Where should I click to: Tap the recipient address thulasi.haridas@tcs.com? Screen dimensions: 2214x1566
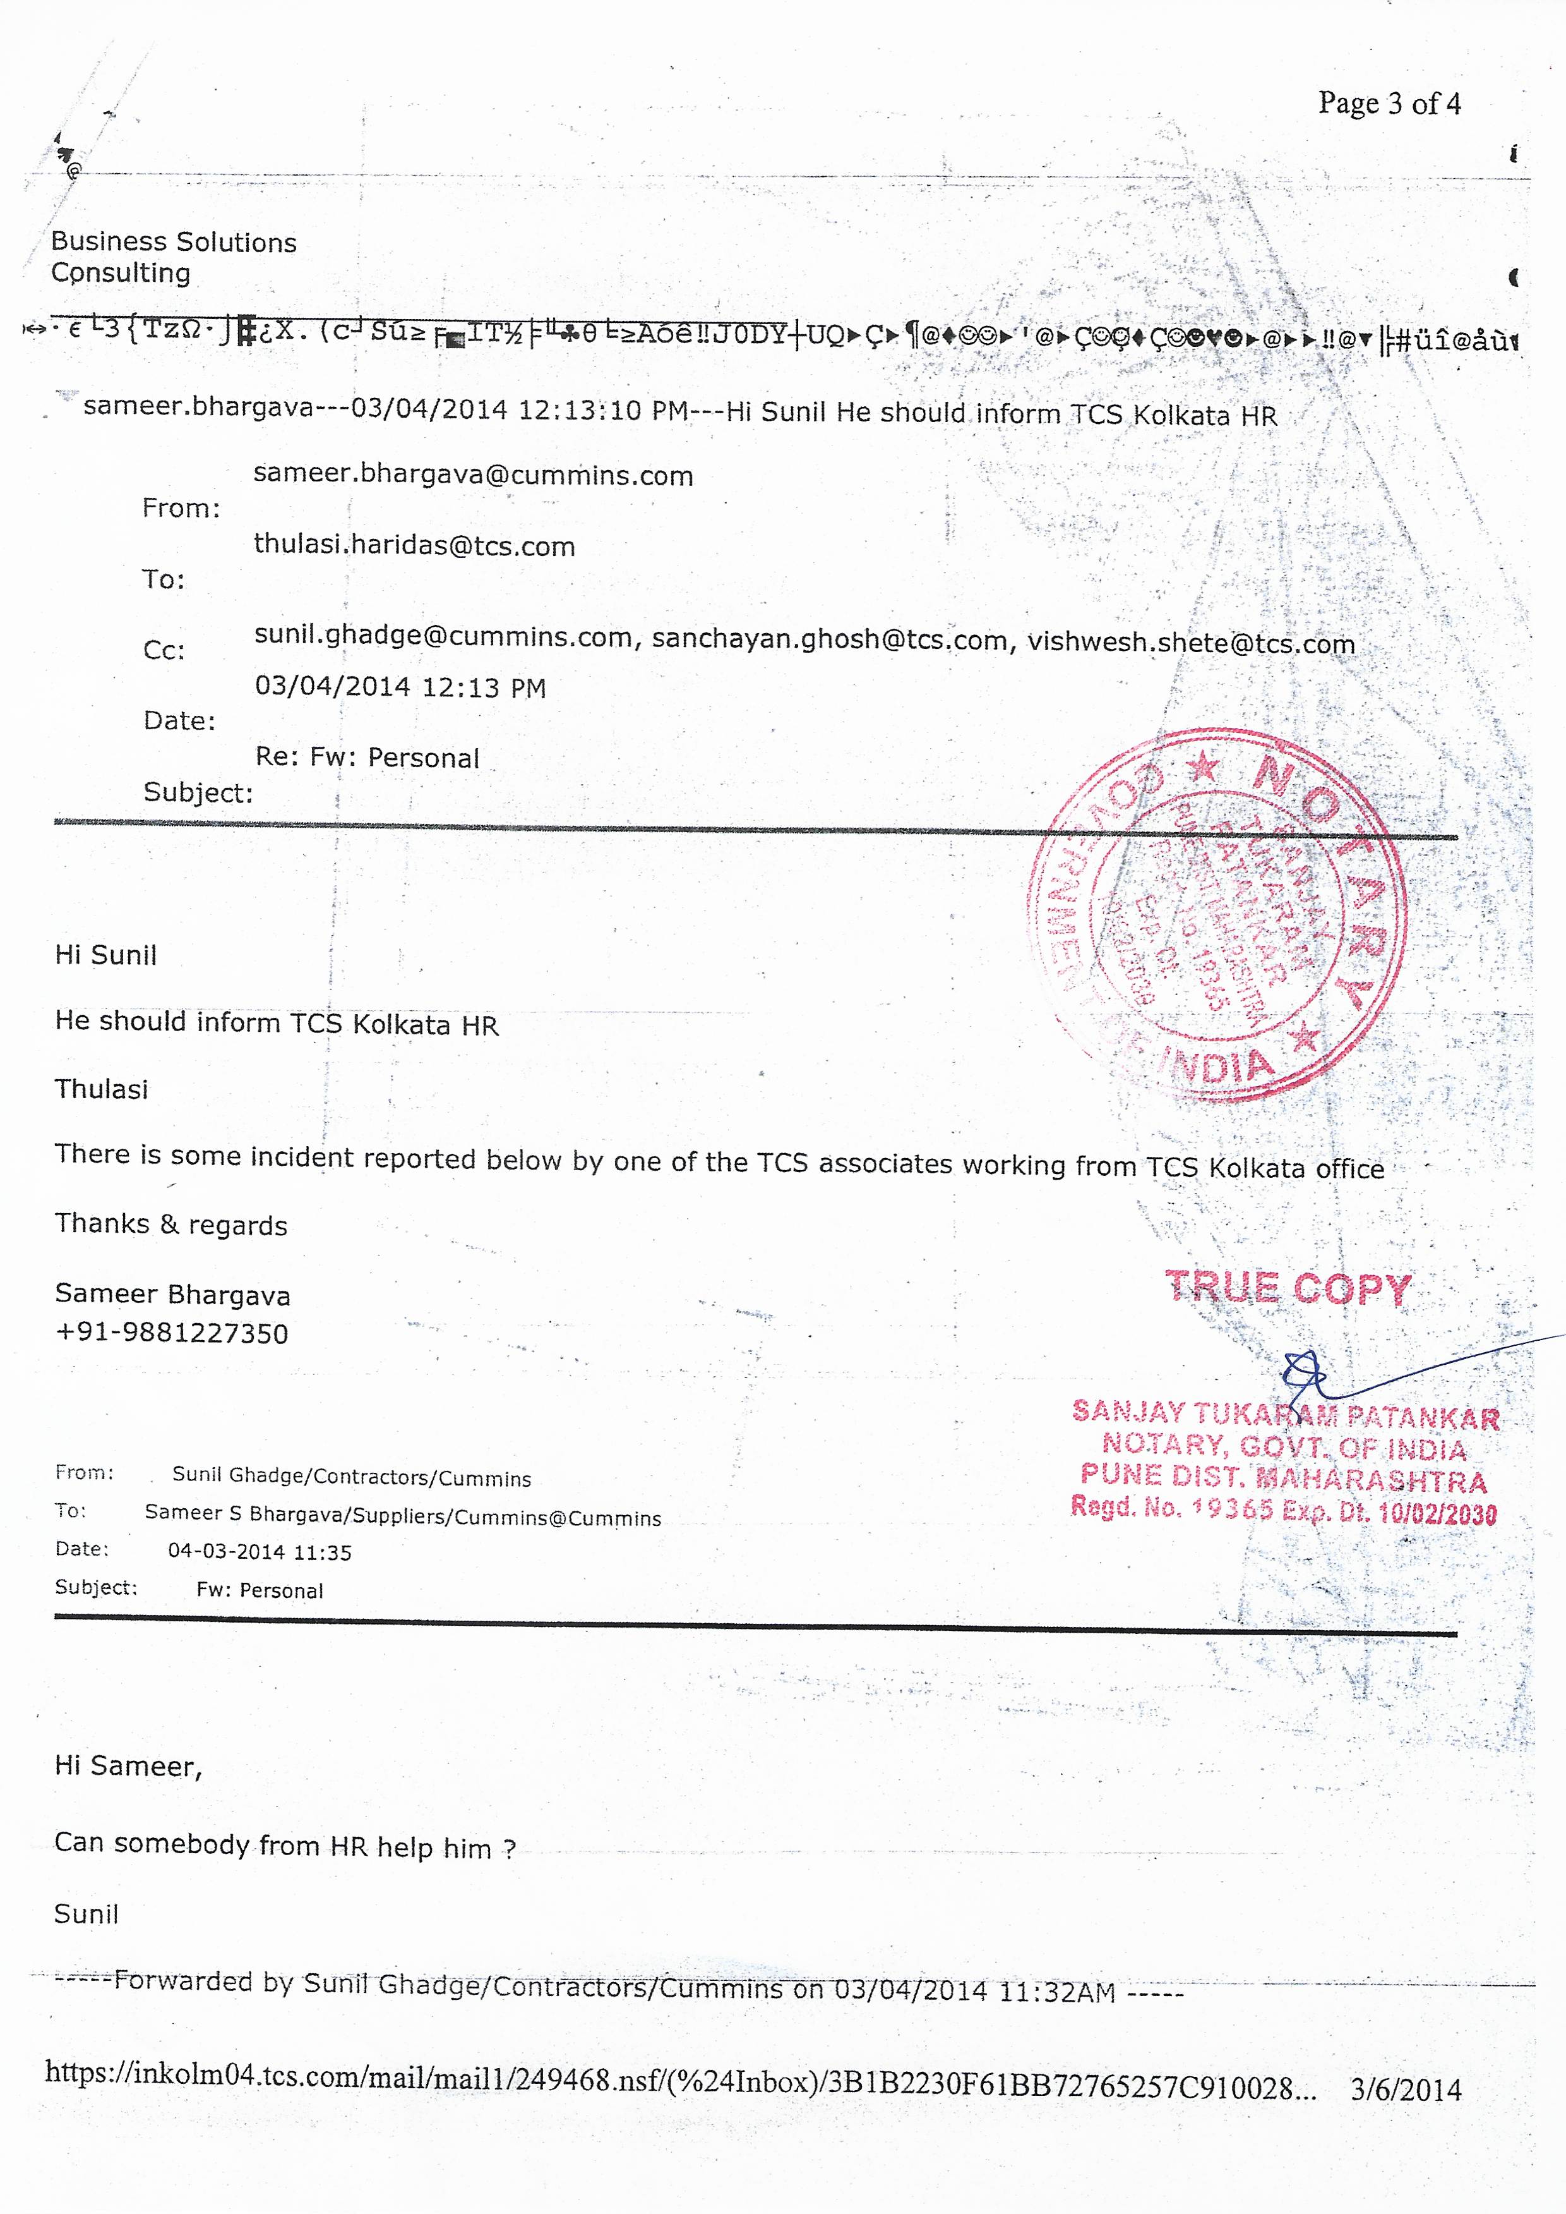tap(414, 545)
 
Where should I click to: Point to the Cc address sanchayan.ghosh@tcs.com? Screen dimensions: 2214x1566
tap(829, 639)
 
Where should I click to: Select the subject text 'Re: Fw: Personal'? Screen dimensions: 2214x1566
tap(366, 758)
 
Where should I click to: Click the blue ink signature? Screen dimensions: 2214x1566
tap(1312, 1375)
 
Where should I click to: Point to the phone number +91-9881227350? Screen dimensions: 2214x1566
tap(172, 1333)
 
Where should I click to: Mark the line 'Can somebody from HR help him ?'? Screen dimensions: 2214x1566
tap(284, 1846)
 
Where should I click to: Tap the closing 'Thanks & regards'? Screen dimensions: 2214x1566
tap(170, 1225)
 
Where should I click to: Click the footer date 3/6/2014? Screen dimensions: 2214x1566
tap(1405, 2090)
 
